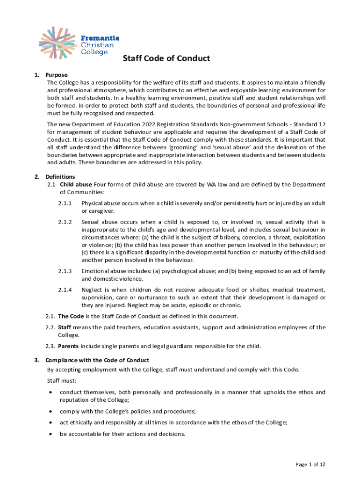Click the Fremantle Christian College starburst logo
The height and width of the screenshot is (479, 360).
(58, 43)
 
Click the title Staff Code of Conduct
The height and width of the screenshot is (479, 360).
(166, 58)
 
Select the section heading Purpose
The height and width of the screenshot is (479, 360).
(56, 75)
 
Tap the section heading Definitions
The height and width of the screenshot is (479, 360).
(60, 177)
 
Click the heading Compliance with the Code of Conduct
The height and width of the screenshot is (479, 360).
(97, 360)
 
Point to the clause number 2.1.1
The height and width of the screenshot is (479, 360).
(65, 203)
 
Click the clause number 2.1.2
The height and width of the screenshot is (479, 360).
(65, 222)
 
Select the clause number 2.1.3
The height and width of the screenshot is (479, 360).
(65, 271)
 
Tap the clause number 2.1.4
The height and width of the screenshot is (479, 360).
(65, 290)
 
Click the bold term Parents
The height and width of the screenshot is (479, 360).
(68, 346)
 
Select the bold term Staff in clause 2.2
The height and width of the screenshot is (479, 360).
(65, 327)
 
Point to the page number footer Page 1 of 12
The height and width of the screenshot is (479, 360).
(310, 464)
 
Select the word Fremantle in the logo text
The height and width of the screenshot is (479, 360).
(101, 38)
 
